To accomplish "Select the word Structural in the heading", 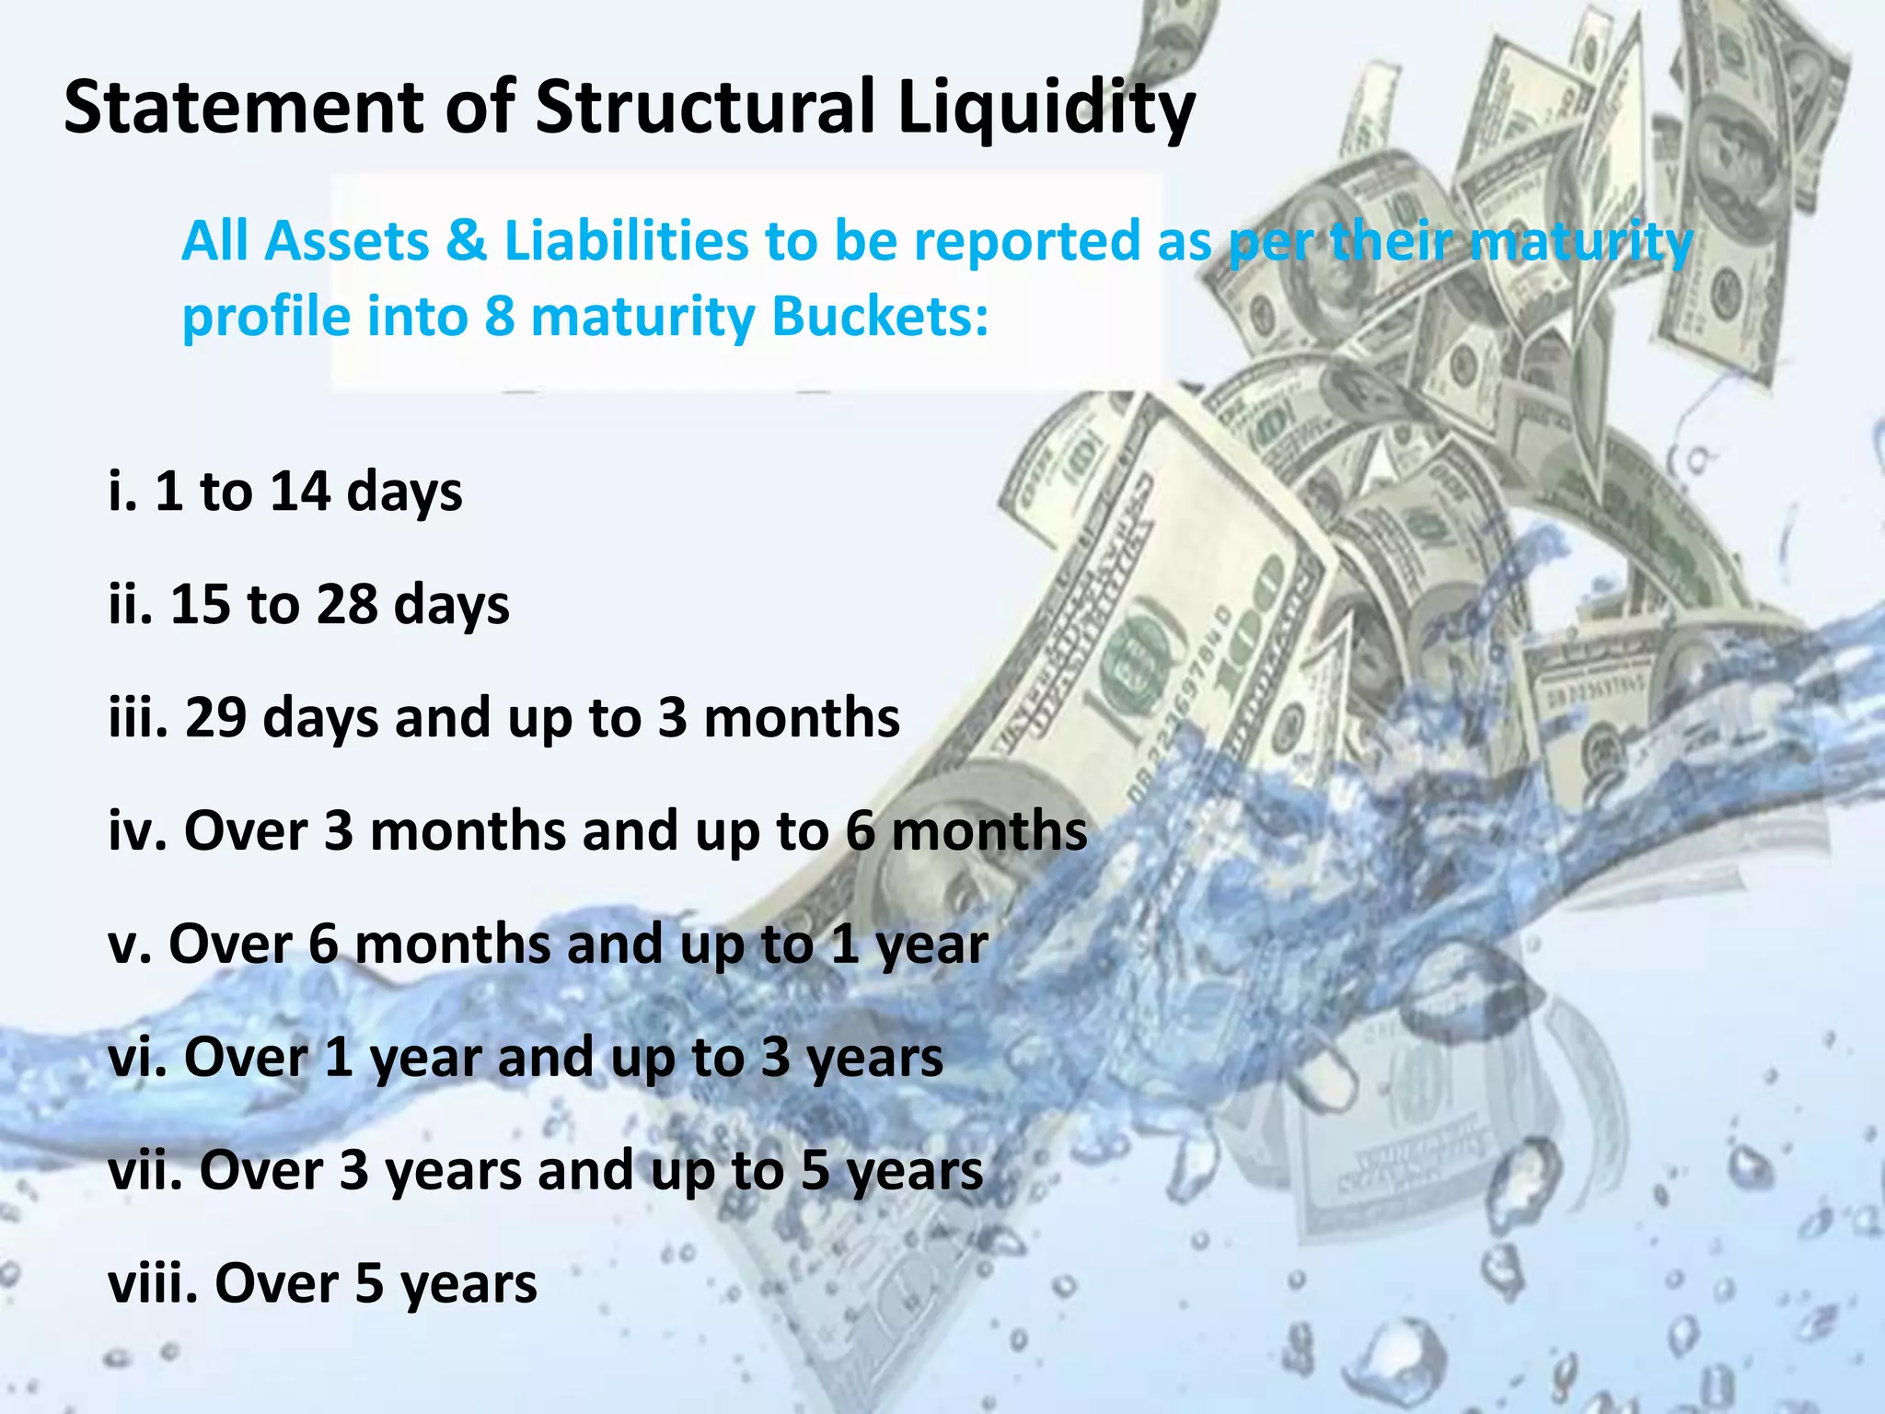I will [x=705, y=107].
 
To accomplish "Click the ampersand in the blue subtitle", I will [x=467, y=241].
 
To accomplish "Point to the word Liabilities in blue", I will [x=626, y=241].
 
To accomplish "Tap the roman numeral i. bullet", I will [x=122, y=490].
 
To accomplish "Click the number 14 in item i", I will [x=300, y=490].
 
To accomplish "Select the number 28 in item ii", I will [x=347, y=604].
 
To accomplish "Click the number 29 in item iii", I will [x=215, y=717].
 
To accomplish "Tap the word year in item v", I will [x=931, y=945].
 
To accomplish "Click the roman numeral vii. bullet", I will [x=145, y=1170].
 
